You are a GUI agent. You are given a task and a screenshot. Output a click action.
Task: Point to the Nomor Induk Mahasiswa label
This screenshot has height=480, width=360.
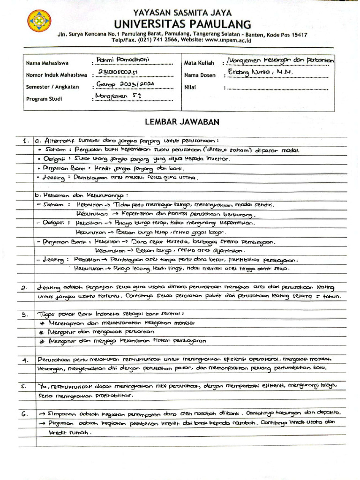click(x=56, y=75)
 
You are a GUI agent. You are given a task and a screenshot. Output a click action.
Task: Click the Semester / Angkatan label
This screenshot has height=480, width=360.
click(x=52, y=87)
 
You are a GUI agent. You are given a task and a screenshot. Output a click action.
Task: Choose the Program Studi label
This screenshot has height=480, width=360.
click(x=44, y=99)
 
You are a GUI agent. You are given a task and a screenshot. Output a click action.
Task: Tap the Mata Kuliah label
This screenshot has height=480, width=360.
click(x=199, y=62)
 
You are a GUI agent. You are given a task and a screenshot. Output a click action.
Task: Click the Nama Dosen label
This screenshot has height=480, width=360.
click(x=199, y=75)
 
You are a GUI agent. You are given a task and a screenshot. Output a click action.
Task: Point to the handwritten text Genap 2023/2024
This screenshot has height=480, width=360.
click(x=124, y=84)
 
